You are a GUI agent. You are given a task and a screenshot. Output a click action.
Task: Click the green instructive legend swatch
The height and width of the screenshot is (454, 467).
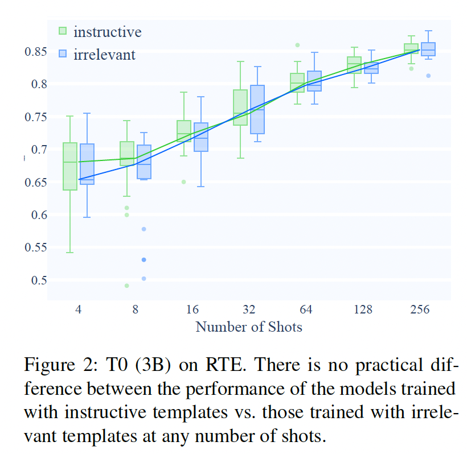coord(63,31)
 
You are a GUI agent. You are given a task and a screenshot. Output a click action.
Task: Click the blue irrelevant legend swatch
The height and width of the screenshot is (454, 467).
coord(63,54)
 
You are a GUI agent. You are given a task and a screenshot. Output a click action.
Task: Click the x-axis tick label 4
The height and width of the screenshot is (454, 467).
coord(78,310)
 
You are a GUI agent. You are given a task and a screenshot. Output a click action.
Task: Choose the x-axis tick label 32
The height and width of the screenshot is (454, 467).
coord(249,310)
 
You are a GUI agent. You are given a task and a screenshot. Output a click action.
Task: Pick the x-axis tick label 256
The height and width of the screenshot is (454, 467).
coord(420,310)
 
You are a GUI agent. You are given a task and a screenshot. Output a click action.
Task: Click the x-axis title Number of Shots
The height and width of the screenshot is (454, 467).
coord(249,327)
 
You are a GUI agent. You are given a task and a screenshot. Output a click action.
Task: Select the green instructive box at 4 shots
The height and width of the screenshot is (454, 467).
coord(70,166)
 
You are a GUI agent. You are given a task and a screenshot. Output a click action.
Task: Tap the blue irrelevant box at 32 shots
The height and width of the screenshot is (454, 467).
coord(257,110)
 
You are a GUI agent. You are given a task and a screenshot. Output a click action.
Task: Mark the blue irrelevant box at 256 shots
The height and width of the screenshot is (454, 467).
coord(428,49)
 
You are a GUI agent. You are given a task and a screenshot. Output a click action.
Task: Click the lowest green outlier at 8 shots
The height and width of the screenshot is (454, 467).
coord(126,286)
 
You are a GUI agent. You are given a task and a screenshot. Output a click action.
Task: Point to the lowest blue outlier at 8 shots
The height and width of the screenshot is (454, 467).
coord(144,278)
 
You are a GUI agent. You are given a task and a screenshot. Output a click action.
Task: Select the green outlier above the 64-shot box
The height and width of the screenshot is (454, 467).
coord(297,45)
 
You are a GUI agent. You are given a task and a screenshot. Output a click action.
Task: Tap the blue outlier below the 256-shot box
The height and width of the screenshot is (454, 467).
coord(428,76)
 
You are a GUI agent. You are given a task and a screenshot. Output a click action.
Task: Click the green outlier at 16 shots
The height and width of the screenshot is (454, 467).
coord(183,182)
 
